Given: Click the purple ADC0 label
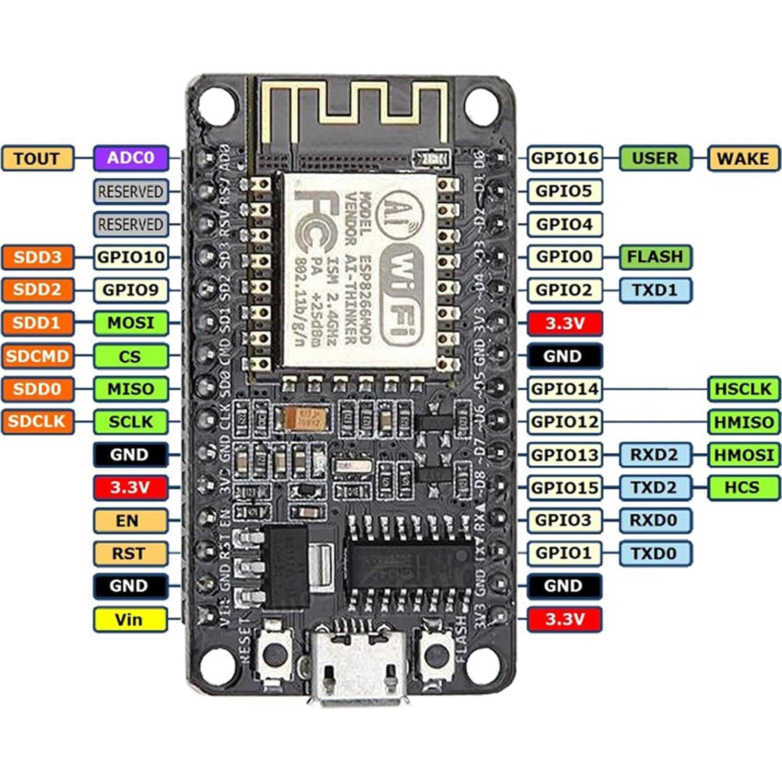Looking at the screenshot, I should coord(131,158).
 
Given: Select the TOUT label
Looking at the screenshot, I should coord(37,158).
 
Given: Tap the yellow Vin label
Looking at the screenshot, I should coord(130,619).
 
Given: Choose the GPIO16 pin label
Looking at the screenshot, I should coord(565,158).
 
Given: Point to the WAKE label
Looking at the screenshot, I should coord(743,158).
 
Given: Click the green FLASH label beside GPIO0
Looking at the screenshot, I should coord(655,257).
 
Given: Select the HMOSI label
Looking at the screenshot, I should coord(743,454).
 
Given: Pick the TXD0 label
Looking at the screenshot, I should coord(654,553).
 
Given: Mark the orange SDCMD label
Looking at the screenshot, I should coord(37,356).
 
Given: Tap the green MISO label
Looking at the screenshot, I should coord(131,389).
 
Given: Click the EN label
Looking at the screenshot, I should coord(130,521).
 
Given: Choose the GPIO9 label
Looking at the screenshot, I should coord(131,290).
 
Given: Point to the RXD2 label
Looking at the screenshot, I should coord(654,454).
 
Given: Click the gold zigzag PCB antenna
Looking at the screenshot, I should coord(355,110).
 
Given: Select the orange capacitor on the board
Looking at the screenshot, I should coord(306,418).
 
